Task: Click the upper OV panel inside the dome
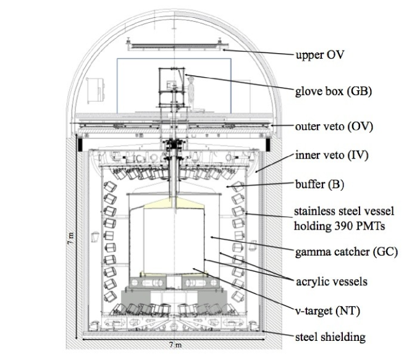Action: (177, 46)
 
